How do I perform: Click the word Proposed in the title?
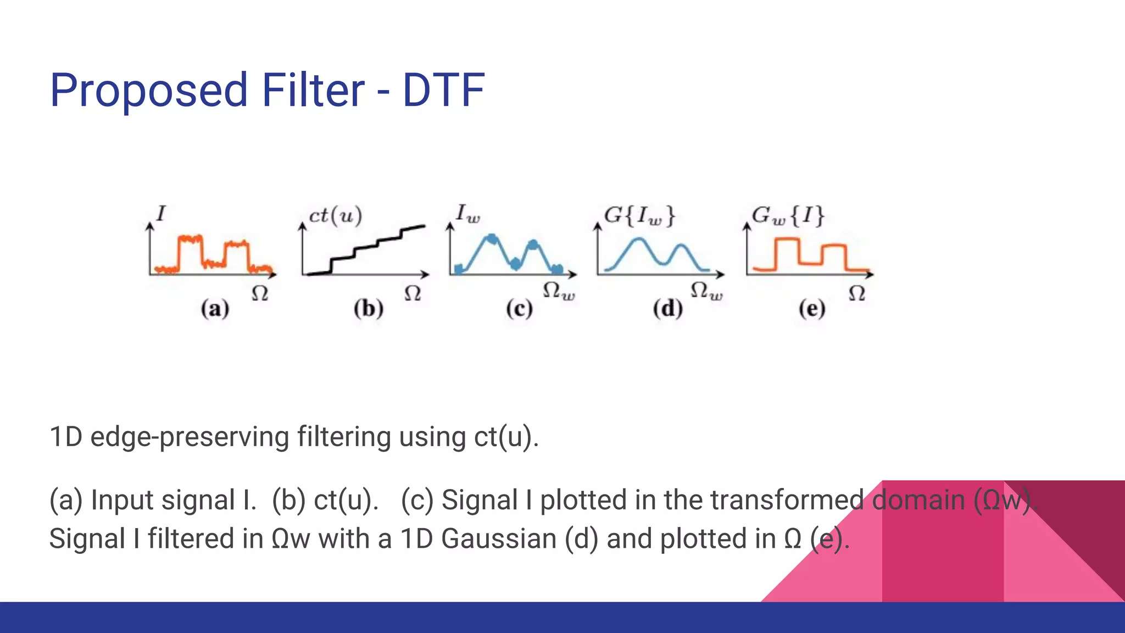148,91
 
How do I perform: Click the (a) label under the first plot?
215,309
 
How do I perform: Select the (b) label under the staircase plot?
368,309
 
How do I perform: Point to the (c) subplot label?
519,309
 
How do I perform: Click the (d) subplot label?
667,309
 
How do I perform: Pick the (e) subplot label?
812,309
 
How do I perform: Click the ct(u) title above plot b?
336,215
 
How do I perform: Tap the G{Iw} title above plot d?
639,216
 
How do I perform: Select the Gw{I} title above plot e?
788,216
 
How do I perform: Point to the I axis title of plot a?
160,213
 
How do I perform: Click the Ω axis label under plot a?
260,293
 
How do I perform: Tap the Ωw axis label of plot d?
706,291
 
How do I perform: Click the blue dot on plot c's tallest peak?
492,239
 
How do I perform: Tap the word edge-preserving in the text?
190,437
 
